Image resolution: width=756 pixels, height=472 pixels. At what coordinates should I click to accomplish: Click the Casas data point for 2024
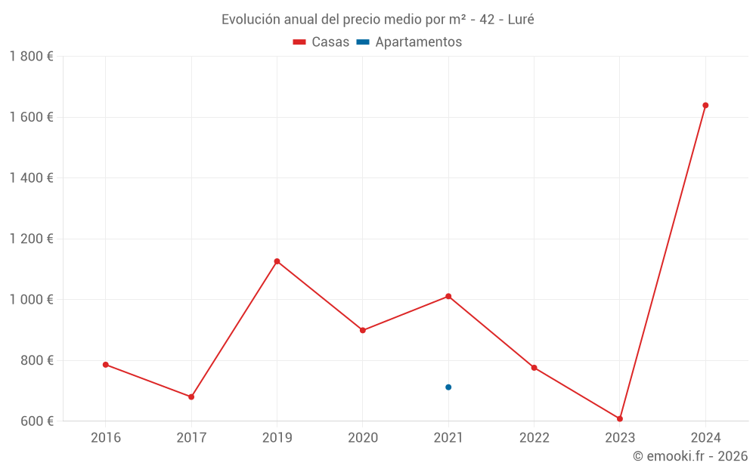click(705, 106)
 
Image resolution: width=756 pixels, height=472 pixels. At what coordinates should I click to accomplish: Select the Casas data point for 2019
click(277, 261)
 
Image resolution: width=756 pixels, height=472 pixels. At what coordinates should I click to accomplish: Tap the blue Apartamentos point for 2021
click(448, 387)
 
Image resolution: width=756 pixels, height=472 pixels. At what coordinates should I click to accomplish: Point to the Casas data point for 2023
click(620, 418)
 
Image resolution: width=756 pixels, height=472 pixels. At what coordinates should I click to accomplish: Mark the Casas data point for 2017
click(191, 396)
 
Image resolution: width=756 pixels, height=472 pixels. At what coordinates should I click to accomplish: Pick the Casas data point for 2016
click(106, 365)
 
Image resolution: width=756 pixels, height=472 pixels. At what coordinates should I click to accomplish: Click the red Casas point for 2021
click(448, 296)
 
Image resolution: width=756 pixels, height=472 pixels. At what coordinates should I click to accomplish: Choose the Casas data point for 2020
click(363, 330)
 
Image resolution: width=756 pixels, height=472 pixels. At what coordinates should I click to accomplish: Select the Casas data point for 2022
click(534, 368)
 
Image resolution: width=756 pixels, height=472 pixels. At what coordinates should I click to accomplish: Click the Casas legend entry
click(321, 42)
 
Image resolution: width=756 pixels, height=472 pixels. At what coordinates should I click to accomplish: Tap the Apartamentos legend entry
click(409, 42)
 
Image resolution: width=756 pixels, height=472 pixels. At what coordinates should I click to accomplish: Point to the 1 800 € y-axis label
click(31, 57)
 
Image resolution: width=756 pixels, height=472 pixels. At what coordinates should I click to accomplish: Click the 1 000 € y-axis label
click(31, 300)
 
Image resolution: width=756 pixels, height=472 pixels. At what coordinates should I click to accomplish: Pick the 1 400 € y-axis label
click(31, 178)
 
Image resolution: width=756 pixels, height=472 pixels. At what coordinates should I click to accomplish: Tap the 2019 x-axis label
click(277, 438)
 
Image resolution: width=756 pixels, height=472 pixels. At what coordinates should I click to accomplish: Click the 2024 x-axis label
click(705, 438)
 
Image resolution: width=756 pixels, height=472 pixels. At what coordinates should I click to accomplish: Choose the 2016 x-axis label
click(106, 438)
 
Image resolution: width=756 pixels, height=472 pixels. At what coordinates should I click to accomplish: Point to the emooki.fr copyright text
click(690, 456)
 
